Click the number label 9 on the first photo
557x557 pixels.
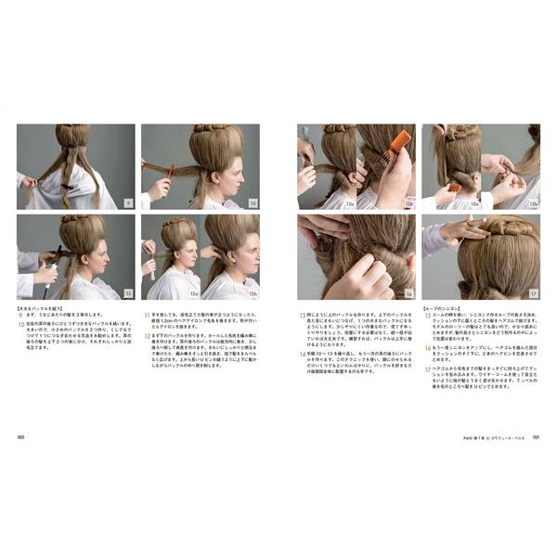click(x=129, y=202)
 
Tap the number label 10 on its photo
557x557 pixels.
click(x=253, y=202)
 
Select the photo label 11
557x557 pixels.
click(x=129, y=292)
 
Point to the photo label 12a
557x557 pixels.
click(x=193, y=292)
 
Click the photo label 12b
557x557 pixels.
click(x=253, y=292)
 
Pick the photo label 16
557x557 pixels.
click(x=408, y=292)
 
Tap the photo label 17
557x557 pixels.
click(x=533, y=292)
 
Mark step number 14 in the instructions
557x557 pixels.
click(x=302, y=353)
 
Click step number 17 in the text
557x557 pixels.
click(x=427, y=367)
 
